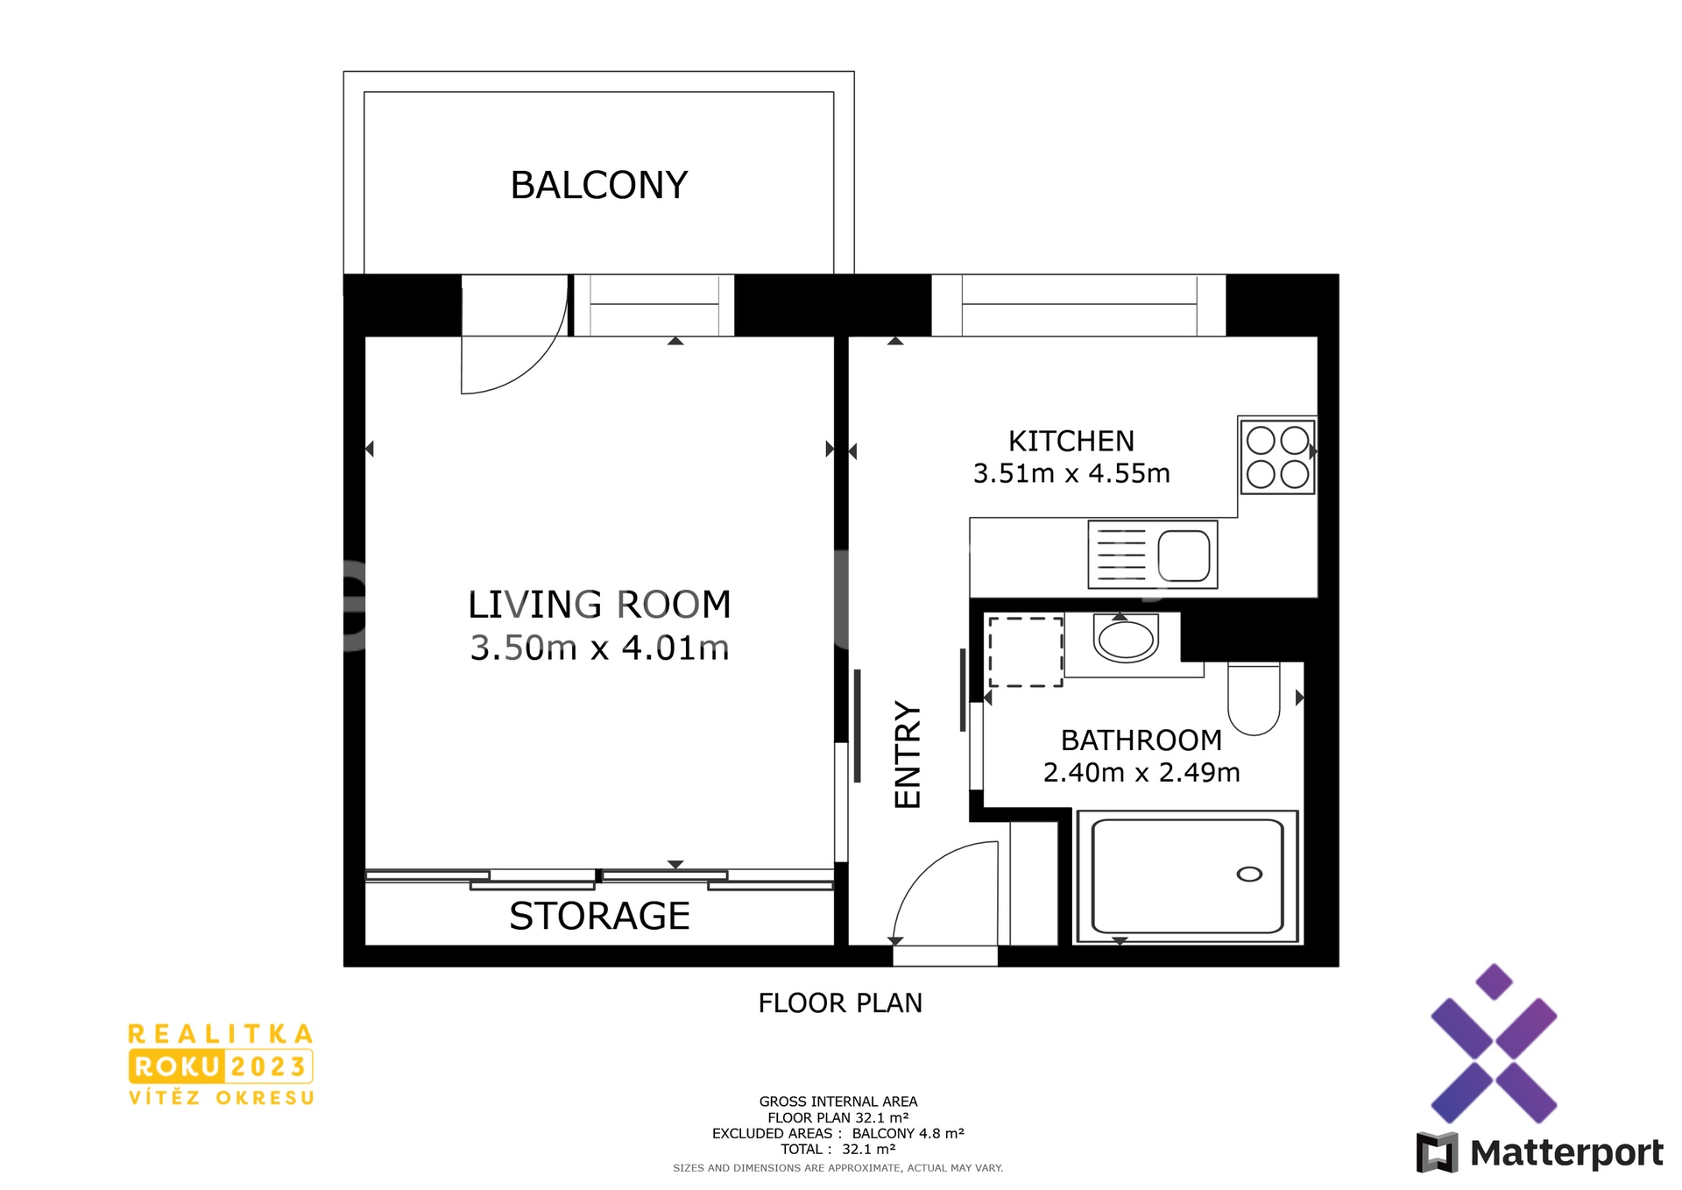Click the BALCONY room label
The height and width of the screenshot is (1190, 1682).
pos(599,186)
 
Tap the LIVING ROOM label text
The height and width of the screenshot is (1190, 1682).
pos(599,605)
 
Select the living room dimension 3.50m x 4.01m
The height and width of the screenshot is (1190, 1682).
pos(599,648)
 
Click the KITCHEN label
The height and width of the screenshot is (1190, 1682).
pos(1071,441)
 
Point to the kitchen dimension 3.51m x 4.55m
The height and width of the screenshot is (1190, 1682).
pos(1071,473)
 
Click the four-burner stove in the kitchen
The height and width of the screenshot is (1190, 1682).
pos(1277,457)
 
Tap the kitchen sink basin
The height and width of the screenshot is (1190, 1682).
pos(1184,556)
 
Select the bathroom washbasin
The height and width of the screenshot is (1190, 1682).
pos(1126,639)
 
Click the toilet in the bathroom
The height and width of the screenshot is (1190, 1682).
pos(1254,698)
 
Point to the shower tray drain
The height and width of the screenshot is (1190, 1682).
pos(1249,875)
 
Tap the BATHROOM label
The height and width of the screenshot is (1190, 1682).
pos(1141,740)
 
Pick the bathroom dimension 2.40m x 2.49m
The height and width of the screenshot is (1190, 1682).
pos(1141,773)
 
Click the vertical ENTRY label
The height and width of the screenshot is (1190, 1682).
pos(908,754)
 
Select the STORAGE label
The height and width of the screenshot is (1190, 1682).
pos(599,917)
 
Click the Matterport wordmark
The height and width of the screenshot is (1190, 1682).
pos(1566,1153)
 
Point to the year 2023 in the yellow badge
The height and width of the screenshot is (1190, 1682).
pos(268,1066)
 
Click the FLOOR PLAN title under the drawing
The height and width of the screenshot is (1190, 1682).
pos(840,1003)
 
